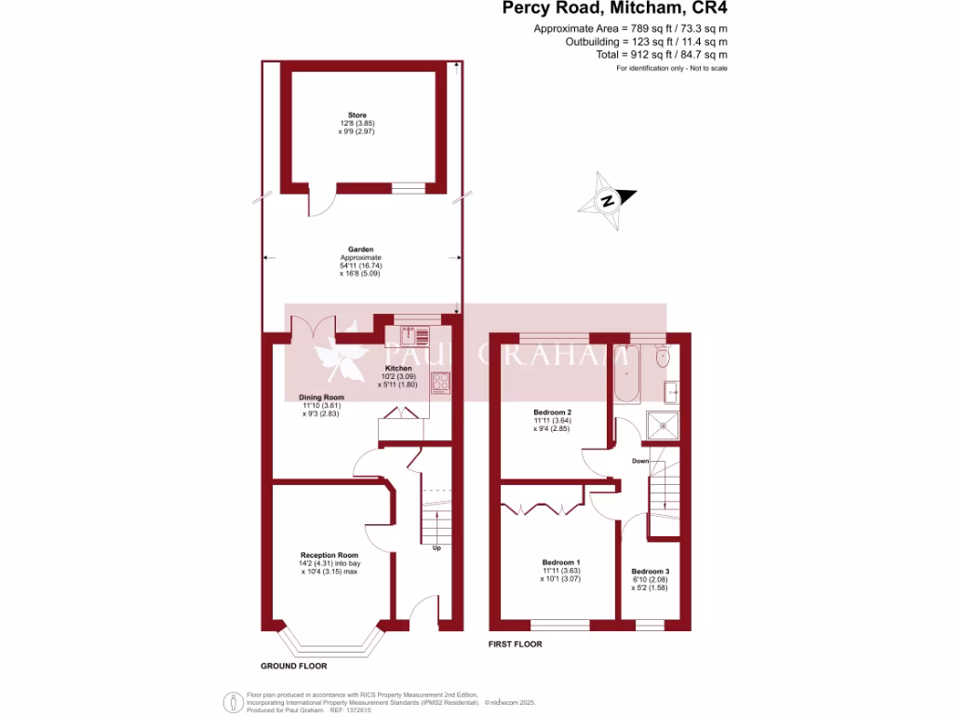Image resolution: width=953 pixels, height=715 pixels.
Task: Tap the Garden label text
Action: [360, 250]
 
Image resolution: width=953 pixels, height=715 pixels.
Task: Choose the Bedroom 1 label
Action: [561, 562]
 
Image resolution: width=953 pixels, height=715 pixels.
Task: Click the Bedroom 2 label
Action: [552, 412]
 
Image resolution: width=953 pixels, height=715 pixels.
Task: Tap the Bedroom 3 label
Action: [650, 572]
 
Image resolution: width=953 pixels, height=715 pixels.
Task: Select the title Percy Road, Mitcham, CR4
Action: [615, 9]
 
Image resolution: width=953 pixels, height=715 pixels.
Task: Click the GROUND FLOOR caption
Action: [294, 666]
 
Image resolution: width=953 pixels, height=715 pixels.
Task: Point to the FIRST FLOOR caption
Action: [516, 644]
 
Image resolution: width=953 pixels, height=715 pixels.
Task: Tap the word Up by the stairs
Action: [436, 547]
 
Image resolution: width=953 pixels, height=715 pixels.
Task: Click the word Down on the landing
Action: [640, 461]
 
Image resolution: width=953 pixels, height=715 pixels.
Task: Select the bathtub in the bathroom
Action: [626, 372]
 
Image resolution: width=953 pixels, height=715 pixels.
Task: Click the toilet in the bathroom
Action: [662, 357]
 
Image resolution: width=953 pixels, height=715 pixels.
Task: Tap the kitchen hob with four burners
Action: [440, 382]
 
